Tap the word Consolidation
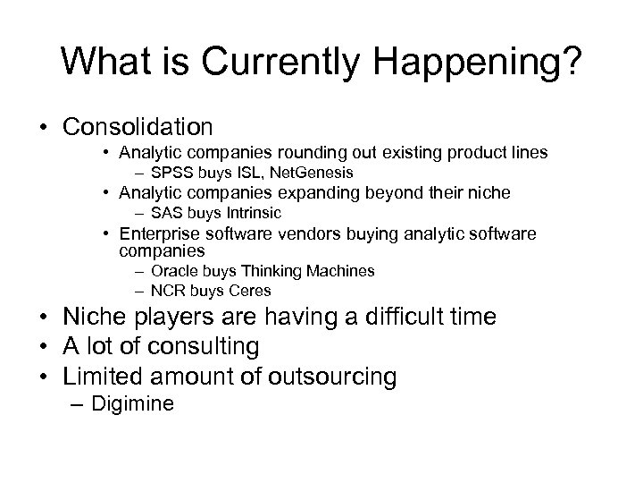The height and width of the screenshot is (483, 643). click(x=138, y=126)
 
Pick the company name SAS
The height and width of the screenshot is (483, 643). click(x=167, y=213)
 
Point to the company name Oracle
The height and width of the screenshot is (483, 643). click(x=173, y=271)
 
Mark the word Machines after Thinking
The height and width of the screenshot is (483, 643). click(x=338, y=271)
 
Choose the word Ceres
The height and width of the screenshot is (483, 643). click(x=249, y=291)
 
